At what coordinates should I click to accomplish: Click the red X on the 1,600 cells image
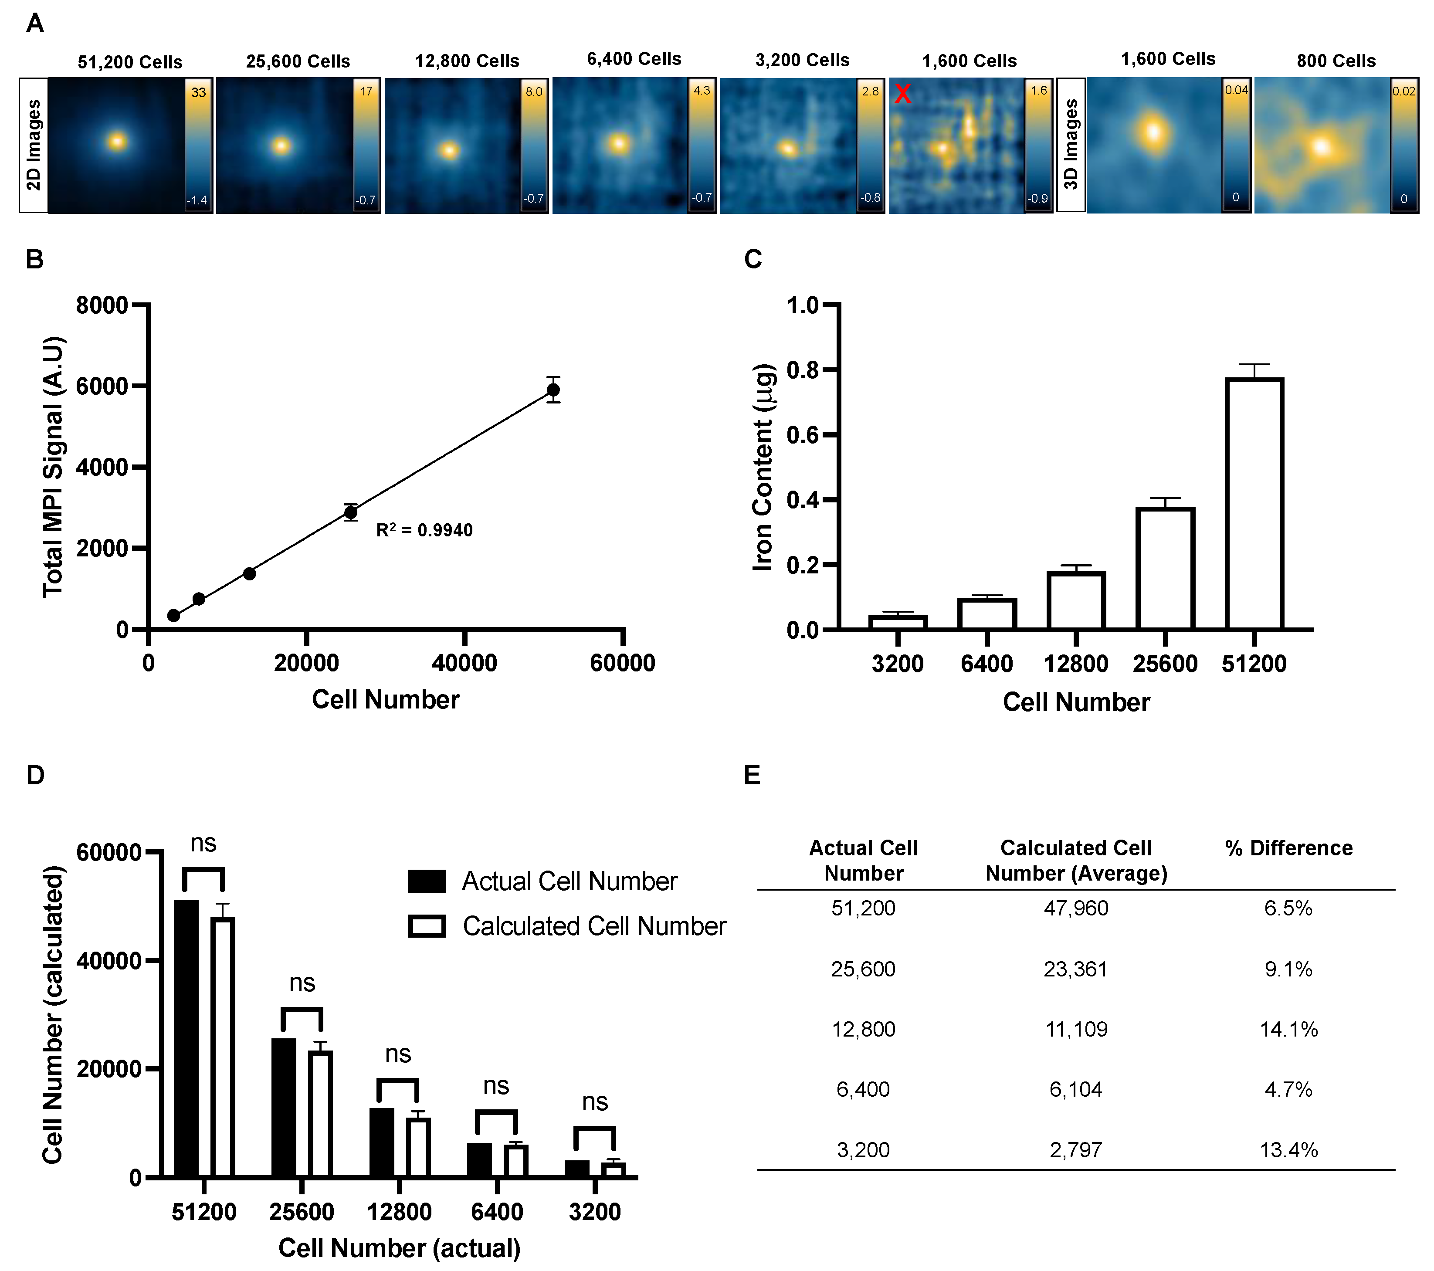(903, 94)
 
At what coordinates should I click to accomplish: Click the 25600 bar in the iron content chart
(1165, 568)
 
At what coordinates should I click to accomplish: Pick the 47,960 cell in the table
(1075, 908)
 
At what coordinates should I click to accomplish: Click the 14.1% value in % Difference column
(1288, 1029)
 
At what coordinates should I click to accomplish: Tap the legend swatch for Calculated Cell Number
(427, 926)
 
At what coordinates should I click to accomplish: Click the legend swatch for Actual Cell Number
(427, 881)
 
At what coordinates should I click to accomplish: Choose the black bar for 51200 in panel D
(186, 1038)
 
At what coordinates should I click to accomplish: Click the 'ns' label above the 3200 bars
(595, 1102)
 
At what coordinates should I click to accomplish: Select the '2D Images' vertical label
(33, 145)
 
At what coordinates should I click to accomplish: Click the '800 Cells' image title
(1336, 61)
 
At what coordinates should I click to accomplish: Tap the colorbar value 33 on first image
(199, 92)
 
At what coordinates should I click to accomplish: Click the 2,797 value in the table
(1075, 1150)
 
